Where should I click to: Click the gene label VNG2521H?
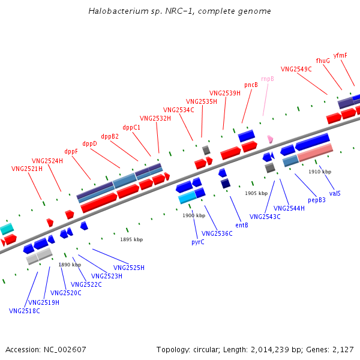click(x=27, y=169)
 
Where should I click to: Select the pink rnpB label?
click(x=267, y=79)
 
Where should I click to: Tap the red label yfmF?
click(x=340, y=55)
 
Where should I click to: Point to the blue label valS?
click(x=335, y=193)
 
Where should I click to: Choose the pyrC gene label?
click(x=198, y=242)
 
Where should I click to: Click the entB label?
click(x=242, y=226)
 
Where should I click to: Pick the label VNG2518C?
click(x=25, y=311)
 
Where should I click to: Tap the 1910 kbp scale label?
click(x=320, y=172)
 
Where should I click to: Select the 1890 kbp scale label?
click(x=70, y=265)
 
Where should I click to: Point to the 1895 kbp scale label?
click(x=131, y=239)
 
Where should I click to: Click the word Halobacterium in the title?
click(x=112, y=11)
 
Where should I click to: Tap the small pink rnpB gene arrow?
click(x=271, y=139)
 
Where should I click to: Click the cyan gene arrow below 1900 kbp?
click(x=187, y=197)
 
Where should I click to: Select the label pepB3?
click(x=317, y=200)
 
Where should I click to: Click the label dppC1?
click(x=131, y=127)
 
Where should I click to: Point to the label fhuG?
click(x=323, y=61)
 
